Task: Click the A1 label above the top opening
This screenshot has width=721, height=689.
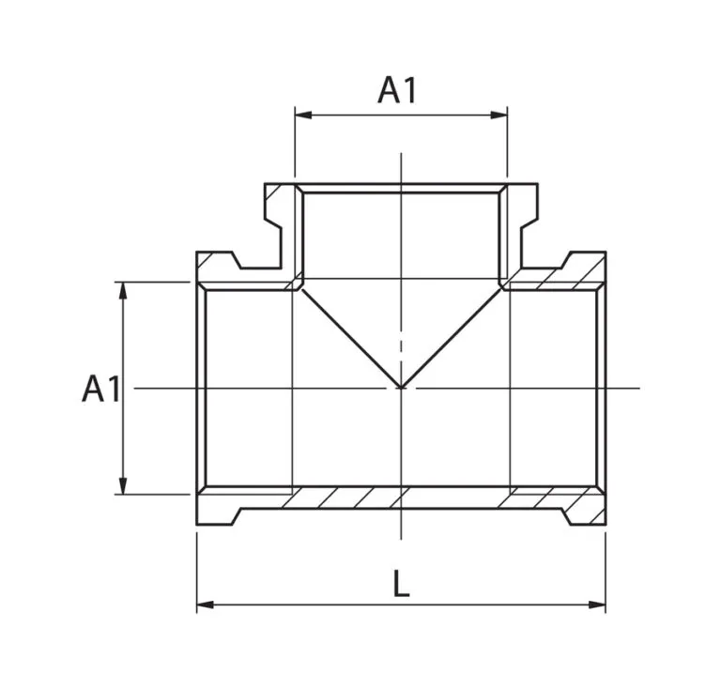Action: pos(397,90)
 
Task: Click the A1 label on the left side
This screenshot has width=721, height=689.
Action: pos(101,389)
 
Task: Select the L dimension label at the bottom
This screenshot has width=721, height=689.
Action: pos(402,584)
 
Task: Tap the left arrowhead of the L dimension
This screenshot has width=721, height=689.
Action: pos(205,605)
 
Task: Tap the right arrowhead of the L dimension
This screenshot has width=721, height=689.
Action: pos(597,605)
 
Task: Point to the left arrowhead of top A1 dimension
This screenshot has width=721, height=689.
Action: pos(303,115)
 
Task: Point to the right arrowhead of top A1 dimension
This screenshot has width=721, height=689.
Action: pos(499,115)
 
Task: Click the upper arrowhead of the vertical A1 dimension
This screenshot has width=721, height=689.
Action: pos(123,290)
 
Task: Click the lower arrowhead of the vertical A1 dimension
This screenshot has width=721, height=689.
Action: pos(123,486)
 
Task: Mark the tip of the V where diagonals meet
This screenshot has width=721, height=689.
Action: pos(402,389)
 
